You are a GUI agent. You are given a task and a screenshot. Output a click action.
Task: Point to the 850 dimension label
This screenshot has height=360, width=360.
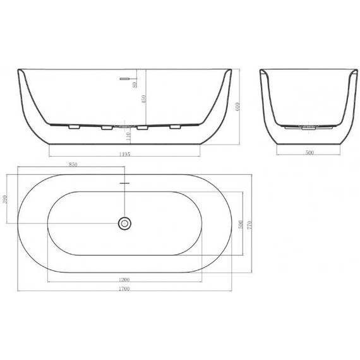tap(73, 164)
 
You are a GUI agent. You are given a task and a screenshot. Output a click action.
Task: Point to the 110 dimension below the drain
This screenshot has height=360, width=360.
tap(128, 135)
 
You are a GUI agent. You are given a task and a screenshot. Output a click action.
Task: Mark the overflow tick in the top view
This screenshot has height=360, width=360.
tap(125, 184)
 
